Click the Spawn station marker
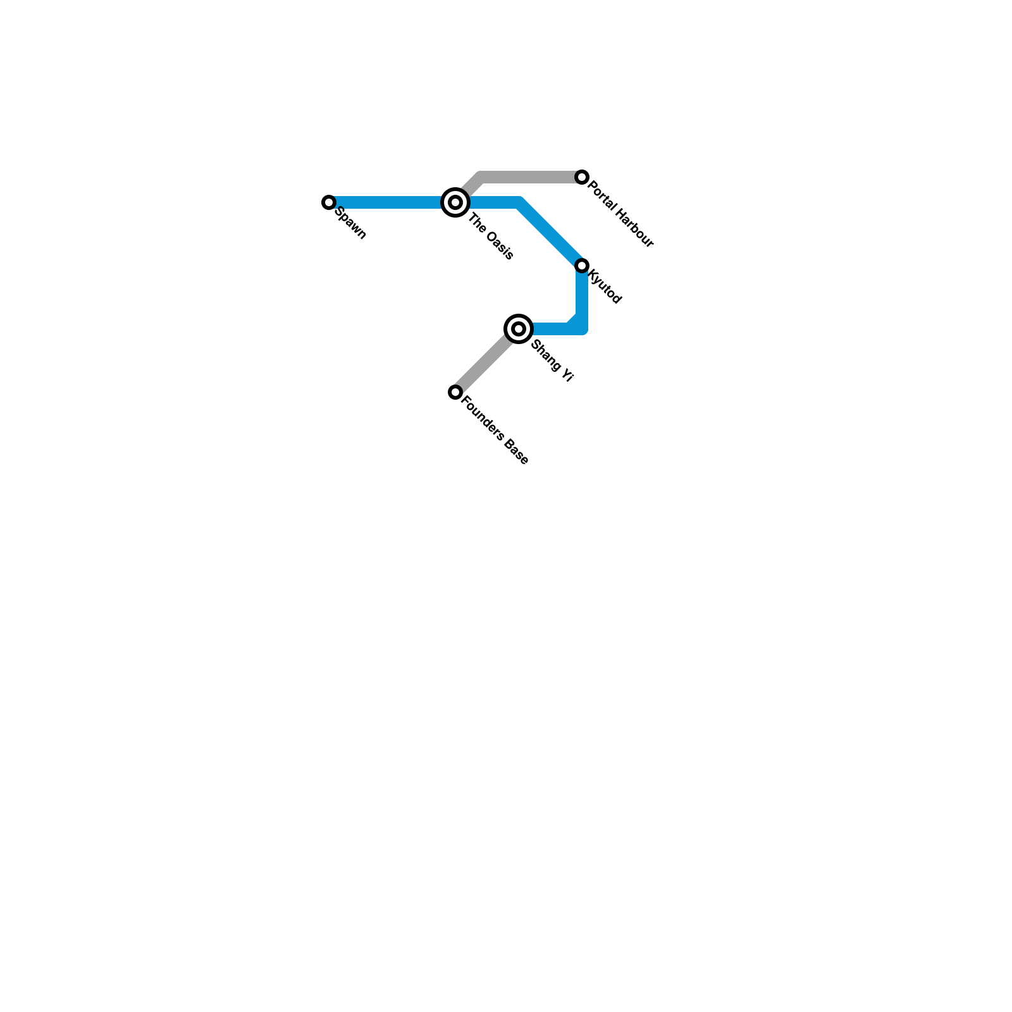click(x=328, y=202)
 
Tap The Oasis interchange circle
click(x=455, y=202)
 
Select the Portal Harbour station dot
click(x=582, y=177)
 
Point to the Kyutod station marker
click(x=582, y=266)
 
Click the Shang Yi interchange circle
click(x=519, y=329)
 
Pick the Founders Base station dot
click(x=455, y=392)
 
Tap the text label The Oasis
click(x=491, y=238)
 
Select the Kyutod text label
click(x=605, y=287)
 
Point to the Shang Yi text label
click(x=552, y=361)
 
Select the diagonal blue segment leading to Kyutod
click(x=550, y=233)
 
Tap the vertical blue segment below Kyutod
click(x=583, y=294)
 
